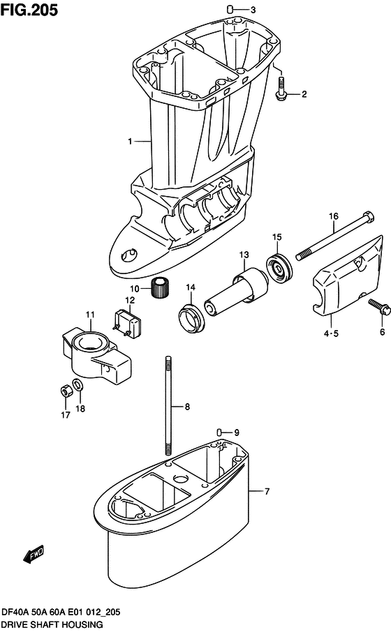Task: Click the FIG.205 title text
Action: point(29,10)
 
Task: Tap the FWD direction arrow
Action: point(34,555)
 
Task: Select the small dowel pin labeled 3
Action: point(230,9)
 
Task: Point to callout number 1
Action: point(130,141)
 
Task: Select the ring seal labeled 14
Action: point(191,318)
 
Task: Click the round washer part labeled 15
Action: point(279,267)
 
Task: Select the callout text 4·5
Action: point(331,333)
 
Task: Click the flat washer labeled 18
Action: point(78,384)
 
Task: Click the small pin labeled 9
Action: point(219,432)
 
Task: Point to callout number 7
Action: point(267,491)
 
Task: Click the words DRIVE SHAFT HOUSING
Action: point(52,624)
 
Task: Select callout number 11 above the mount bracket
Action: point(90,315)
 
